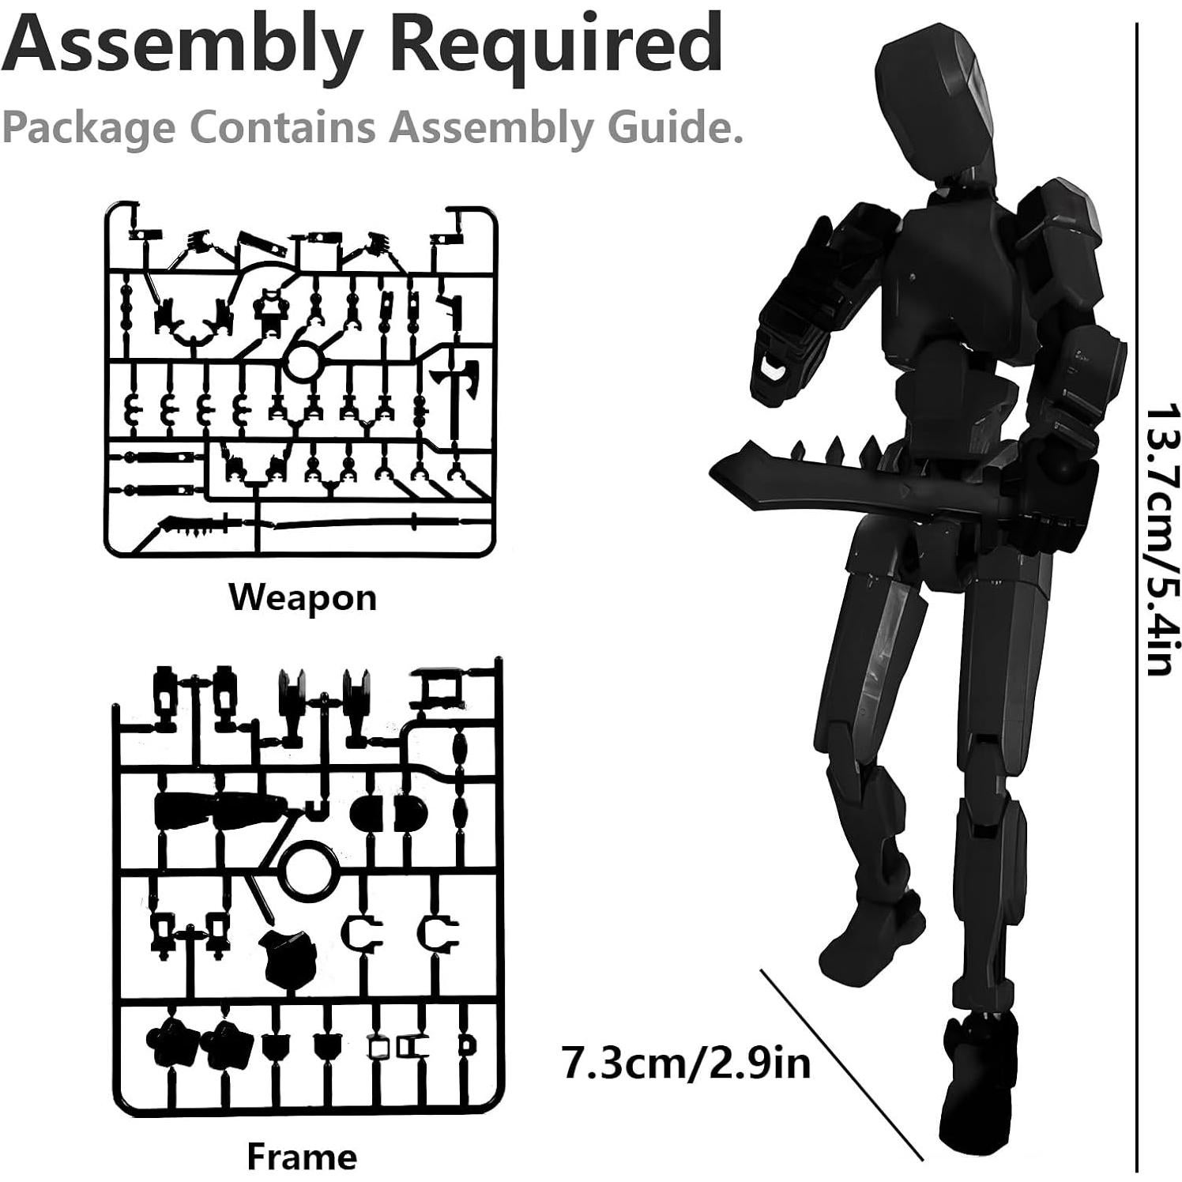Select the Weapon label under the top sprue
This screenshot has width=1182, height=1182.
coord(303,597)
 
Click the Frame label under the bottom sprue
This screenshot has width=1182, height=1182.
coord(302,1157)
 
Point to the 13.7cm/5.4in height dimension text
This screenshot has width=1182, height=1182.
coord(1162,541)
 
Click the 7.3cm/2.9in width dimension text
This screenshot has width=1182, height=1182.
coord(686,1062)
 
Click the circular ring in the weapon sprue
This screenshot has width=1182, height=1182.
coord(302,363)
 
